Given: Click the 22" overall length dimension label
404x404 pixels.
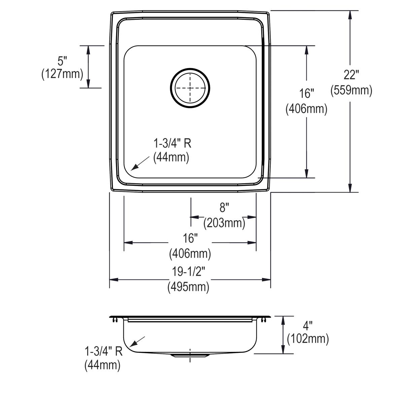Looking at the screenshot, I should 351,74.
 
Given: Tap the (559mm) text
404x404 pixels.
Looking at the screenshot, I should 351,90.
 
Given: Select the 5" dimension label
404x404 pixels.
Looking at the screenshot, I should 62,61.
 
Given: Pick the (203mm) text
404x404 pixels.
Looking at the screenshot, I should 224,223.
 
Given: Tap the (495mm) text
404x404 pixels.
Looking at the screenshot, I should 189,287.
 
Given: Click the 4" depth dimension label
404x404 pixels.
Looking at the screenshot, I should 307,325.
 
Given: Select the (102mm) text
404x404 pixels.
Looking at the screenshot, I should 307,339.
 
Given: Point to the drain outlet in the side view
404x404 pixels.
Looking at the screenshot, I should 190,355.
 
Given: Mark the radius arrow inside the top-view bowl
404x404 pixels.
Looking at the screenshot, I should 139,163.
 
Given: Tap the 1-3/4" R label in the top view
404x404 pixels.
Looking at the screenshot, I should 172,144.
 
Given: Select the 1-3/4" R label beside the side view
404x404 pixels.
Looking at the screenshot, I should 103,352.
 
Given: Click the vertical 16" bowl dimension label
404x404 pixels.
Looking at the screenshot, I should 306,93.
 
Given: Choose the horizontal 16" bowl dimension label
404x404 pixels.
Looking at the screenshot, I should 190,238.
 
